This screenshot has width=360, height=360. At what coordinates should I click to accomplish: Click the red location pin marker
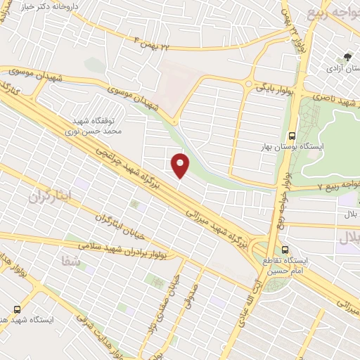click(181, 165)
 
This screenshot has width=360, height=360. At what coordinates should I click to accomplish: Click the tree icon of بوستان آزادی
click(347, 57)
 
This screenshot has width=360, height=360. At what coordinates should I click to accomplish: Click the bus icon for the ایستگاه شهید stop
click(18, 309)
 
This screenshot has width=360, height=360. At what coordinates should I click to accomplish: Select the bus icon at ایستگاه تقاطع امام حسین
click(285, 250)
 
